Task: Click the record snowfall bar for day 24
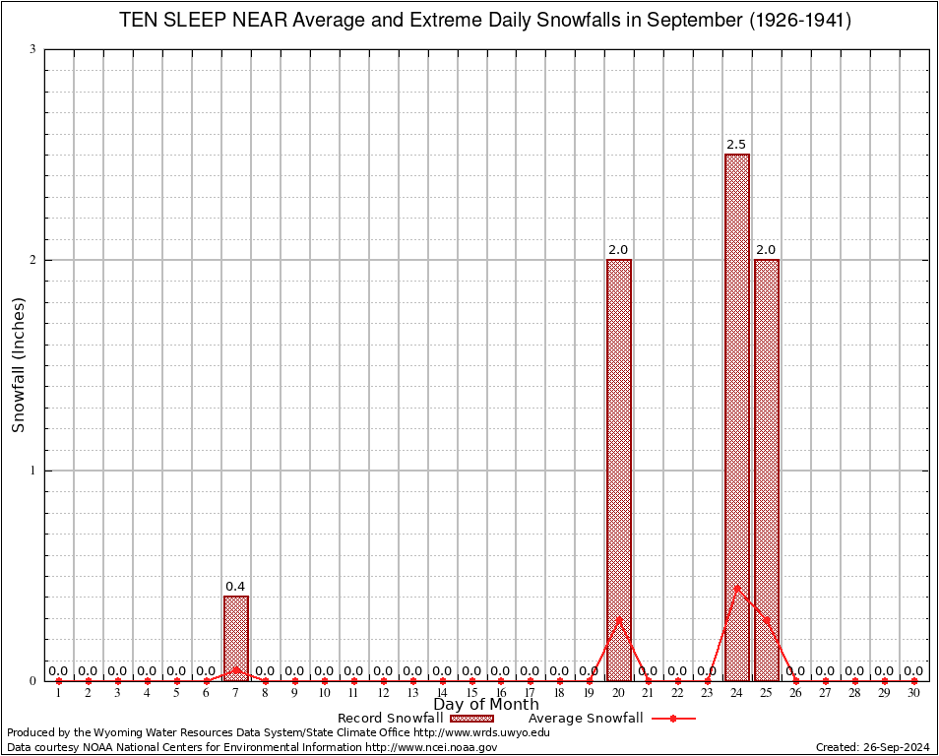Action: [737, 417]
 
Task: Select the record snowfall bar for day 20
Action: [619, 470]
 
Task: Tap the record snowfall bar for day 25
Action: [767, 470]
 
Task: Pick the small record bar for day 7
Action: [236, 638]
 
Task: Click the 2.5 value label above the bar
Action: [736, 145]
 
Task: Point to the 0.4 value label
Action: [235, 587]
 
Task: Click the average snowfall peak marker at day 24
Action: [737, 587]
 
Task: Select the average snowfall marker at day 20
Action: [619, 618]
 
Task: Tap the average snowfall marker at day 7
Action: [236, 668]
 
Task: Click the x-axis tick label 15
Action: [471, 693]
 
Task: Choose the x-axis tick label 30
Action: [914, 693]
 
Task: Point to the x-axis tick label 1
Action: [59, 693]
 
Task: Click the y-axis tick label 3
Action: [33, 49]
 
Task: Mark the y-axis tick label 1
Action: [33, 471]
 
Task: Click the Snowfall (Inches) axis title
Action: [18, 365]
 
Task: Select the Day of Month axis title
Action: [486, 705]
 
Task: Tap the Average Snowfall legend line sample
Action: [672, 719]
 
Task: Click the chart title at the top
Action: [485, 21]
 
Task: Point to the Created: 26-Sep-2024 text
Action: [872, 748]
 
